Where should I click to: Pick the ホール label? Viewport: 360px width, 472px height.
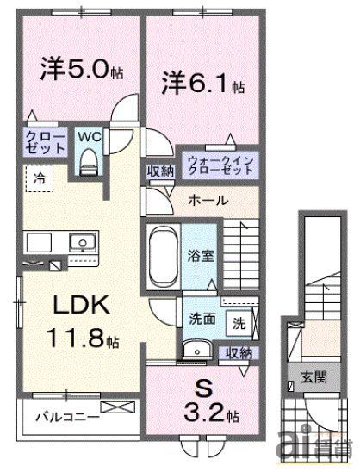click(x=208, y=200)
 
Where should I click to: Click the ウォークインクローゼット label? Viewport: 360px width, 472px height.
click(x=220, y=165)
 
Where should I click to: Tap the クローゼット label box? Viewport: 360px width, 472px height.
click(x=43, y=141)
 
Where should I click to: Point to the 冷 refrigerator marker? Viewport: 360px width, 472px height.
click(x=40, y=179)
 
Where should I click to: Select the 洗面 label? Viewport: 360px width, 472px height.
click(x=202, y=319)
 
